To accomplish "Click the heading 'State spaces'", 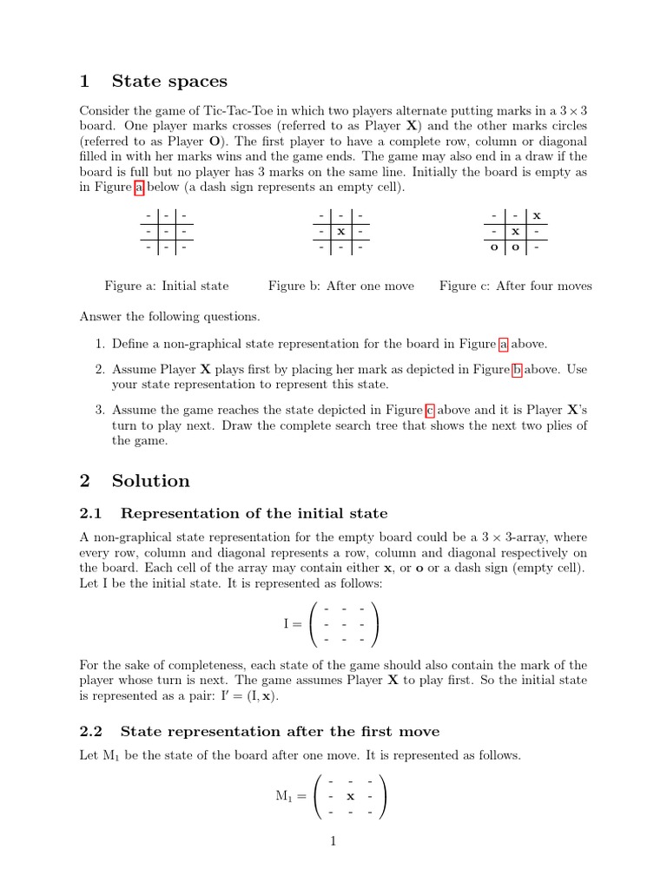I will point(169,82).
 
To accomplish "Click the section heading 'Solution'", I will point(150,481).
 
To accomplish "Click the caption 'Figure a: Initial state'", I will point(167,286).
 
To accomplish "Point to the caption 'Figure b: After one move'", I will point(341,286).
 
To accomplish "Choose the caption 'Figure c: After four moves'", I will point(515,286).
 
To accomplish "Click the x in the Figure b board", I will point(341,232).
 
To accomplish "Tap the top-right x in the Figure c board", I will point(537,215).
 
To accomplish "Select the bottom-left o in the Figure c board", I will point(493,248).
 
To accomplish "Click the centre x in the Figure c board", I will point(515,232).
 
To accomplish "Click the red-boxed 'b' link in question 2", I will point(517,370).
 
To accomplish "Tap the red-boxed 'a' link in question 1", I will point(503,343).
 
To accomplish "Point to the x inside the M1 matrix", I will point(350,796).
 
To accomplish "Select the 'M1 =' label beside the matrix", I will point(290,797).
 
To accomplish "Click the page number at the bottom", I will point(333,840).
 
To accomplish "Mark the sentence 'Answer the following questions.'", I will point(169,316).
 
